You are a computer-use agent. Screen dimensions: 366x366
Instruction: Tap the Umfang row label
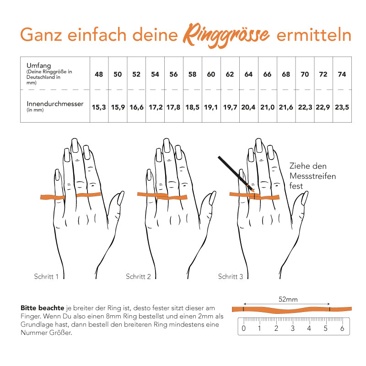point(36,65)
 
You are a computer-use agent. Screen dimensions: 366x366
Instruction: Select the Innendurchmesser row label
point(55,104)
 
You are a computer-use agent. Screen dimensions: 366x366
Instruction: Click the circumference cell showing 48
point(99,74)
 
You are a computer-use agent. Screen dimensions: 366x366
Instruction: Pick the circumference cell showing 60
point(211,74)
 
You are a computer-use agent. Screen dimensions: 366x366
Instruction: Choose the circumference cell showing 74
point(342,74)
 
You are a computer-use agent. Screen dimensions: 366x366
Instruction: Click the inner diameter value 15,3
point(99,107)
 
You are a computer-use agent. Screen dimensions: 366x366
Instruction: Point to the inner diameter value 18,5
point(192,107)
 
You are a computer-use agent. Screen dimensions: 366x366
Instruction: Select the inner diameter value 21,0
point(267,107)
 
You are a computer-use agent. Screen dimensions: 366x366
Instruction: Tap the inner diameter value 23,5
point(342,107)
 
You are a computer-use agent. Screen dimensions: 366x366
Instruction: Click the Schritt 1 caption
point(46,276)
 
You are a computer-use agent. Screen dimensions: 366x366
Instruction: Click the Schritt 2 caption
point(138,276)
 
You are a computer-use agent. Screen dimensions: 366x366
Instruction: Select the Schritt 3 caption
point(230,276)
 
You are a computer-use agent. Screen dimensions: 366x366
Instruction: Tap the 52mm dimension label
point(288,300)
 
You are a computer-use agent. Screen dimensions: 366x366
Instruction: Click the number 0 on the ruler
point(243,328)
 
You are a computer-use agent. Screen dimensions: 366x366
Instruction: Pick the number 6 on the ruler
point(342,328)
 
